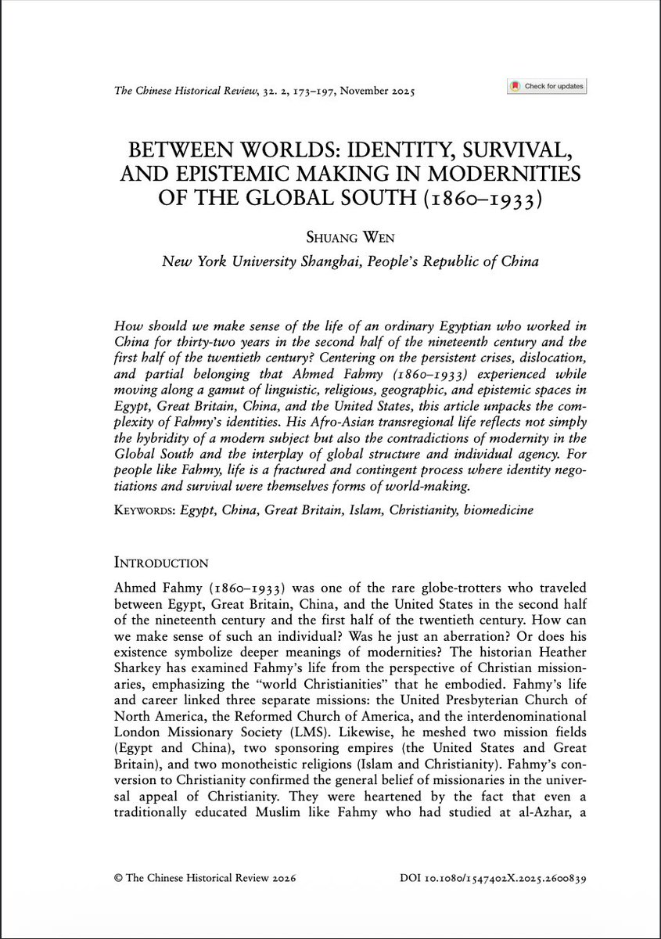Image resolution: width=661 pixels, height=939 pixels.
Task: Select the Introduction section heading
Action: (161, 563)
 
